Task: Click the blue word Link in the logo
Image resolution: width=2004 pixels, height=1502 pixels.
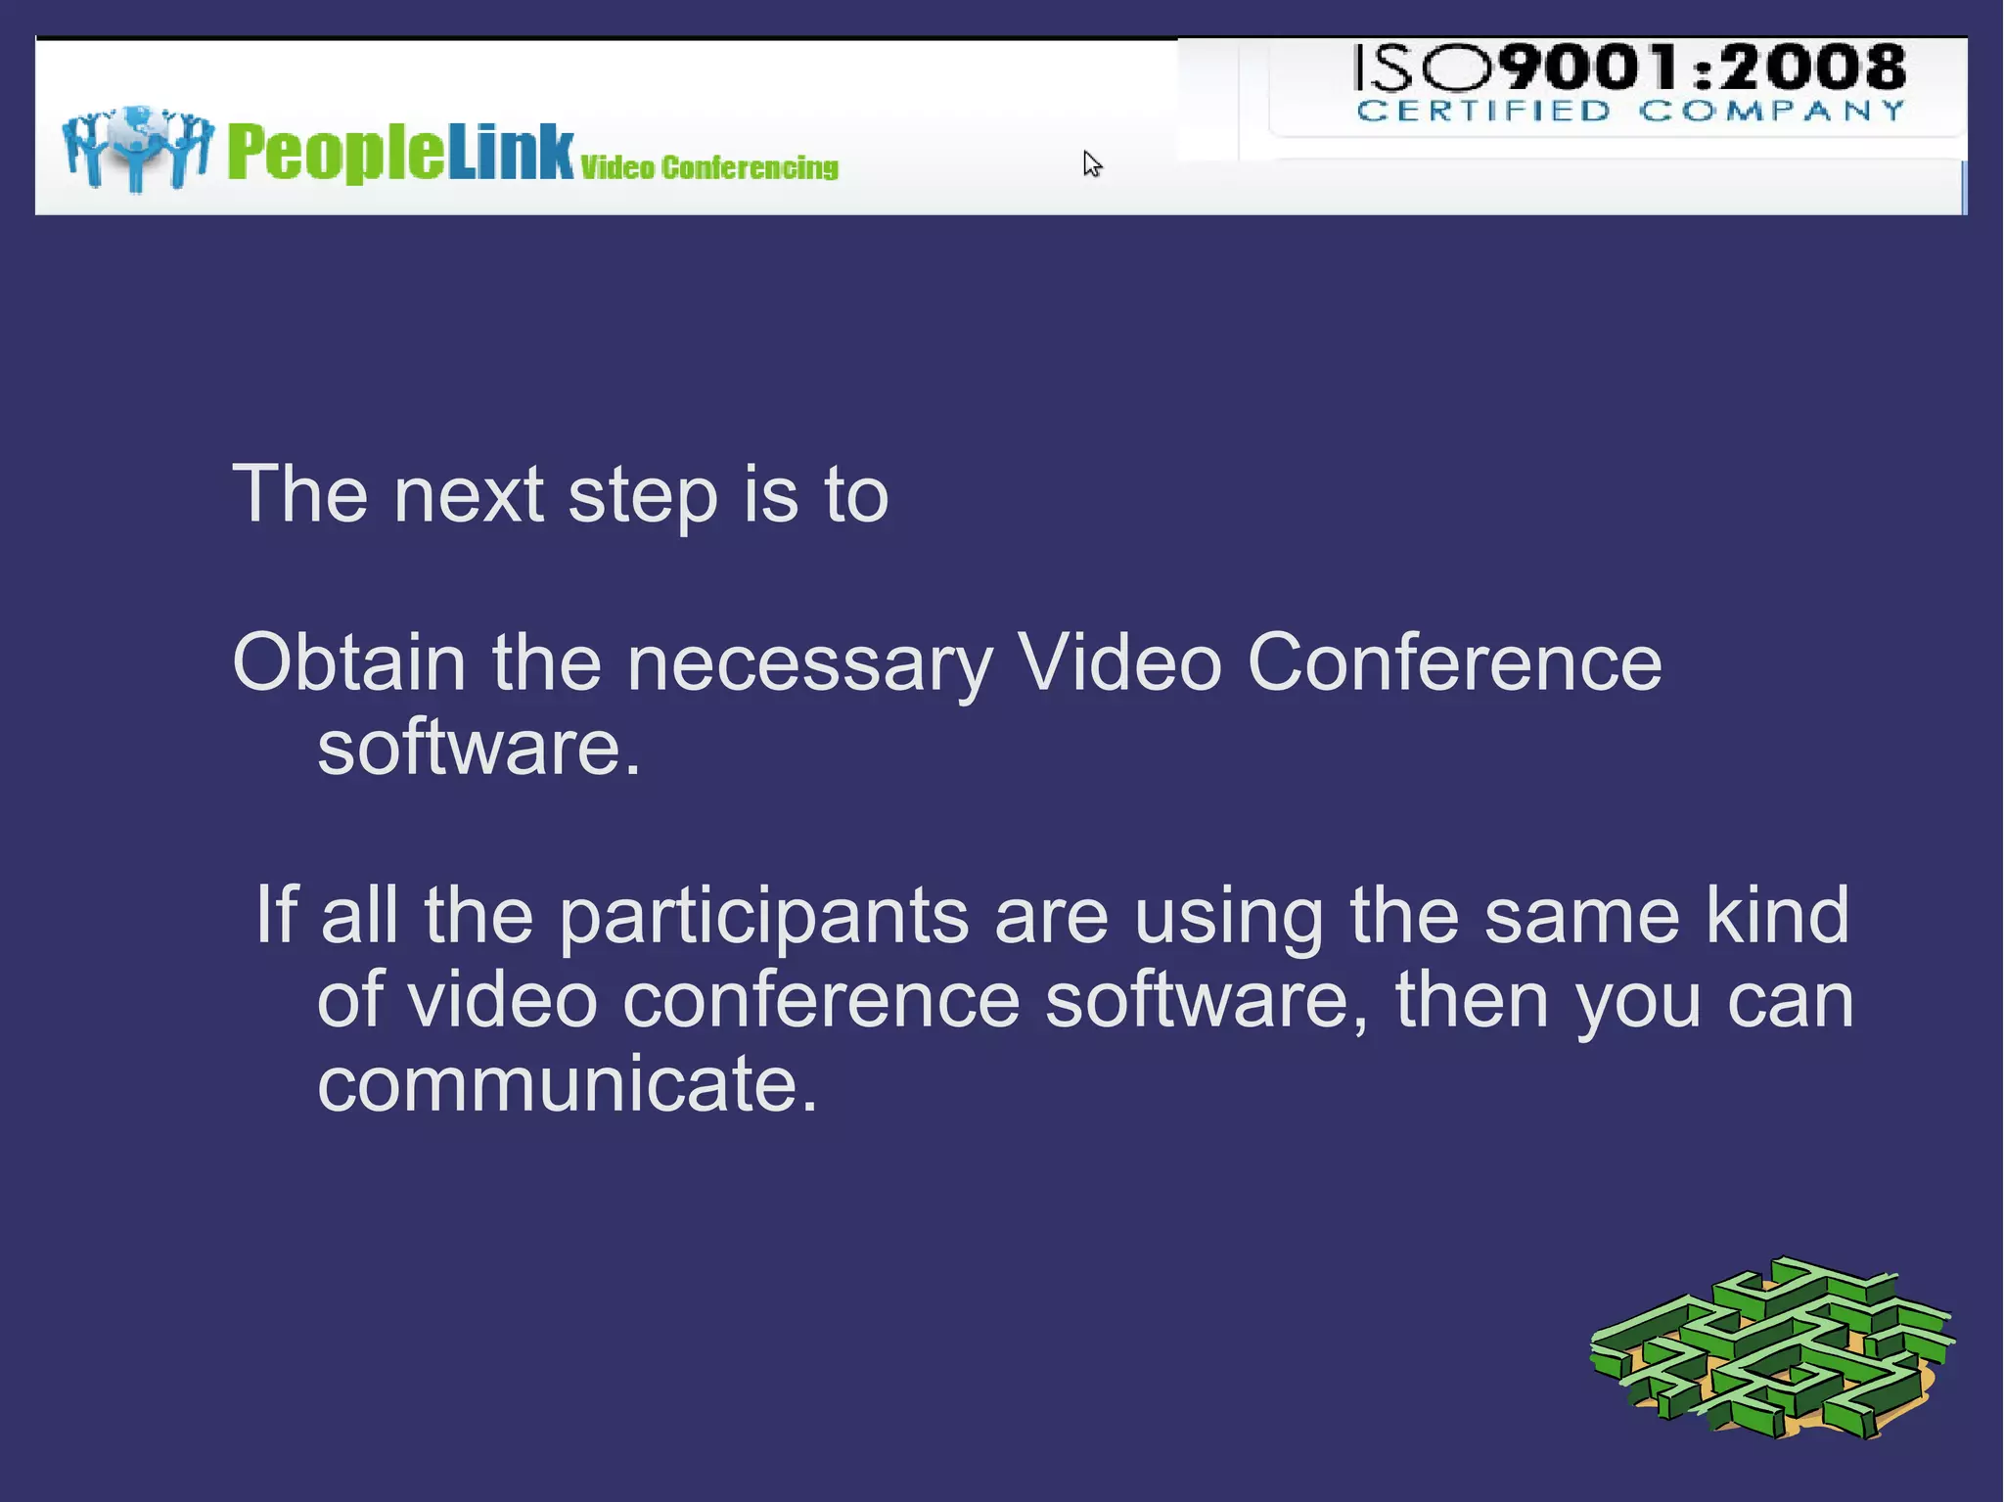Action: [511, 153]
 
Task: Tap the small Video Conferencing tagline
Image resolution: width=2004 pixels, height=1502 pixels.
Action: [709, 168]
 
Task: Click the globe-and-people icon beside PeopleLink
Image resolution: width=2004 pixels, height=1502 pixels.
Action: [137, 147]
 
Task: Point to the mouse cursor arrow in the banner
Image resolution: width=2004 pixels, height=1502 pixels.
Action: [1091, 163]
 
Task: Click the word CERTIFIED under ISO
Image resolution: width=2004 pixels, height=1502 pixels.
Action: [1483, 111]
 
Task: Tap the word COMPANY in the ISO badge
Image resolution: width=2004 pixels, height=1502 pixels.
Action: [1772, 111]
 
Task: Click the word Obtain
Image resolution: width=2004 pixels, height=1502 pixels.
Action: [349, 662]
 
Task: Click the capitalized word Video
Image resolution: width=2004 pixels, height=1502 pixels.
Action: [1119, 662]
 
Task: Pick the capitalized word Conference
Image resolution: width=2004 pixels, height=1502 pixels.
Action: [1454, 662]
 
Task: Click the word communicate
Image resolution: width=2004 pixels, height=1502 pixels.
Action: [568, 1084]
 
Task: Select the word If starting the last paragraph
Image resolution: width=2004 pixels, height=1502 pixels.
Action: [276, 915]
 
